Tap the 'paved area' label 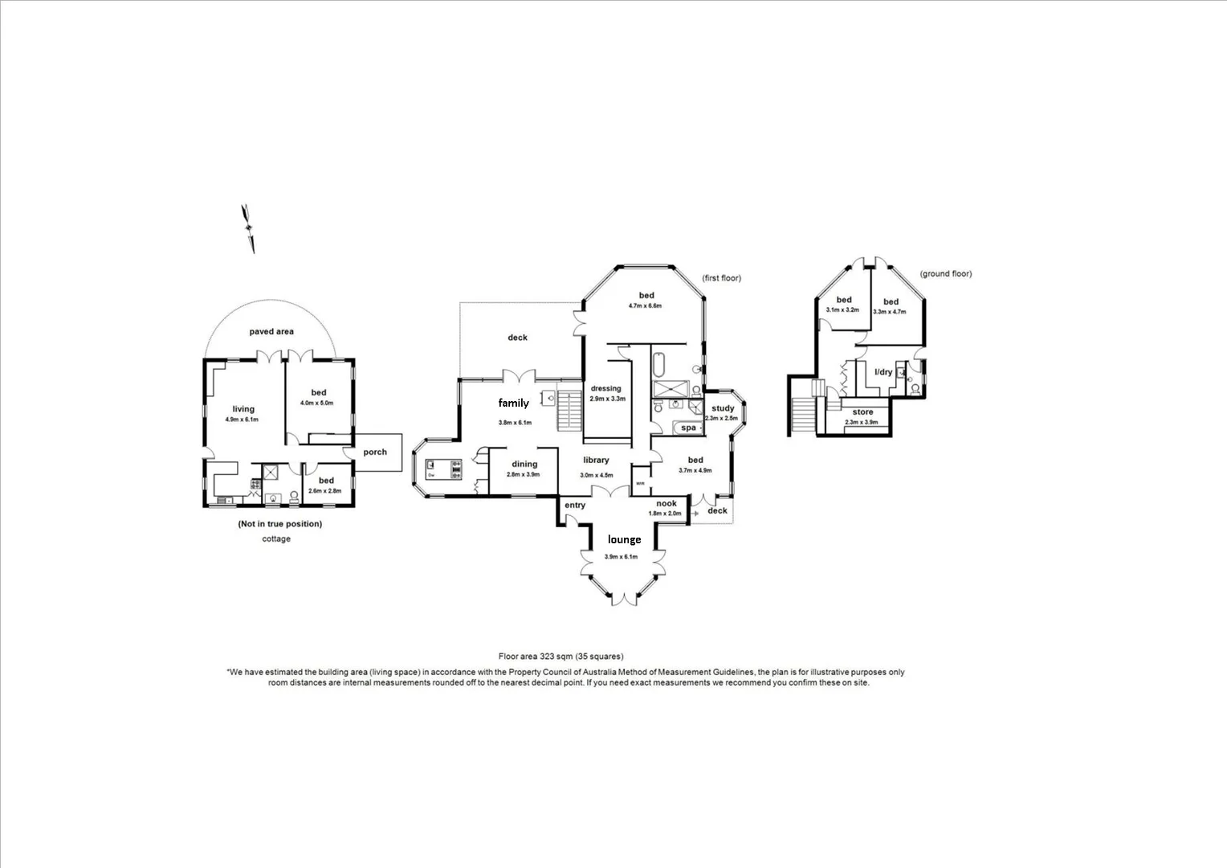271,331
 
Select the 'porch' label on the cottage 375,452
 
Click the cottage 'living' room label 243,409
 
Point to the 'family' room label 514,403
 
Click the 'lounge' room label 624,539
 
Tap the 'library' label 596,461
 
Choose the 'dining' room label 524,465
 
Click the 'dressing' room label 606,389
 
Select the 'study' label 723,408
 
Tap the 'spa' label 688,428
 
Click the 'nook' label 666,504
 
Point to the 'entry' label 575,506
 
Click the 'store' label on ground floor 862,412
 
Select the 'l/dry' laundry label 883,372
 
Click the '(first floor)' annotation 721,278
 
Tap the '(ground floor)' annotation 946,274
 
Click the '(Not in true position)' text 279,524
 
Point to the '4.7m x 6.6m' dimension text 644,306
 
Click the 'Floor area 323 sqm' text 561,657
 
